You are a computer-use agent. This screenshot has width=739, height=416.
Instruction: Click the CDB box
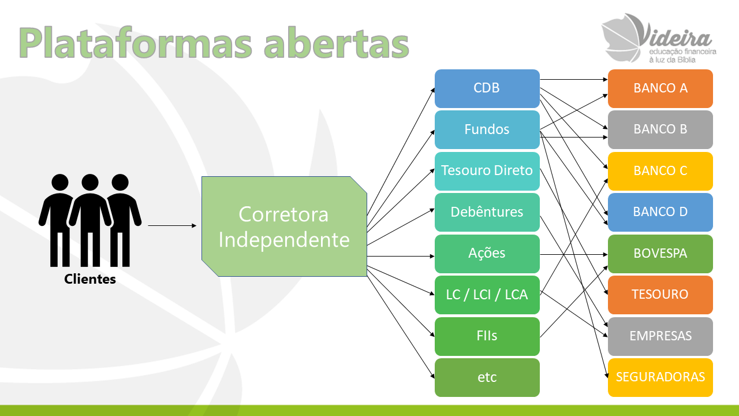487,88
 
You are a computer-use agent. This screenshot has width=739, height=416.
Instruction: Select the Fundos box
487,130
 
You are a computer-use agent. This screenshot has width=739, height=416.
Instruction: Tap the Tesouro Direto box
487,171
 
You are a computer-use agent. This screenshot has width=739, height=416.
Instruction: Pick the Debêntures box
487,212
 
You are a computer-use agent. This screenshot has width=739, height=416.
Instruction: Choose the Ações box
487,254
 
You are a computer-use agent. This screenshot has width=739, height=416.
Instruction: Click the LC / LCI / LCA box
487,295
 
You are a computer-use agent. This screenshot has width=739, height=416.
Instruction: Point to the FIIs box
487,336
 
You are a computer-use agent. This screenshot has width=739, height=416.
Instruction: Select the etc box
487,378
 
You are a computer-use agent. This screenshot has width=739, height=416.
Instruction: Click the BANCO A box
660,88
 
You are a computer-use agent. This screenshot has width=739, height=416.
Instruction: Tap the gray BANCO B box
660,130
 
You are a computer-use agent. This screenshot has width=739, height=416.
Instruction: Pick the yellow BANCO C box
660,171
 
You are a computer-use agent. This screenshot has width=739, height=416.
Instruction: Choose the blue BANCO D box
660,212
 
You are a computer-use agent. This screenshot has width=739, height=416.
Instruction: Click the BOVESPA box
660,254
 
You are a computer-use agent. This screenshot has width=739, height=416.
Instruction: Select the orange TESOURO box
660,295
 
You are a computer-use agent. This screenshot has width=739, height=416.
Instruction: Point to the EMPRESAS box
660,336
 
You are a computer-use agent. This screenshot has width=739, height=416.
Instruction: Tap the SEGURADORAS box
660,378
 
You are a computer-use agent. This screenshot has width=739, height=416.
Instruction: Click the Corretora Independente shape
284,226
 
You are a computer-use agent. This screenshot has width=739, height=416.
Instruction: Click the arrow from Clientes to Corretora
172,225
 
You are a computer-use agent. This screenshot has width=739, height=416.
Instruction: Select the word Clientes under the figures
90,279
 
